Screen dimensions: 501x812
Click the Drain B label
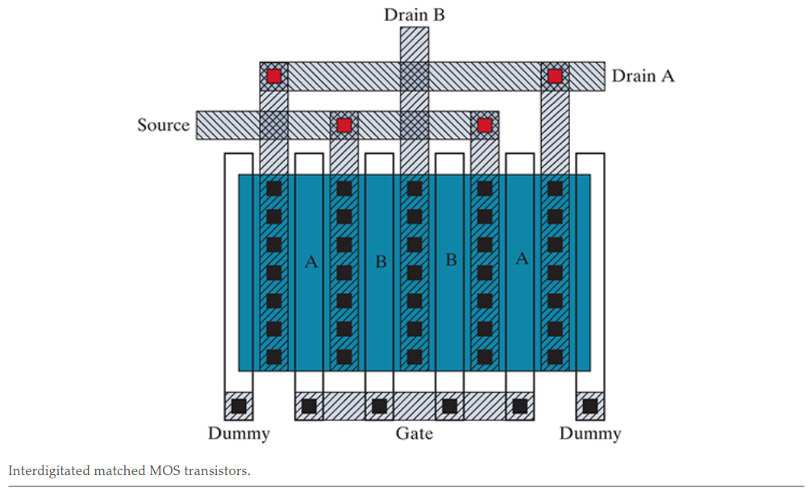pyautogui.click(x=414, y=15)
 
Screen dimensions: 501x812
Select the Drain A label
pyautogui.click(x=643, y=76)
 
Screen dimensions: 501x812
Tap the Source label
pyautogui.click(x=163, y=125)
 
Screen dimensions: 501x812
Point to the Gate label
pyautogui.click(x=414, y=433)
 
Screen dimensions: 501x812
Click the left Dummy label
pyautogui.click(x=239, y=433)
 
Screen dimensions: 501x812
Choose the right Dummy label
pyautogui.click(x=590, y=433)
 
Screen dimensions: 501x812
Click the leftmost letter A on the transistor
pyautogui.click(x=310, y=261)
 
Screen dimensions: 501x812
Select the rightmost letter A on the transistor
pyautogui.click(x=522, y=259)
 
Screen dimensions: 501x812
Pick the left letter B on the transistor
pyautogui.click(x=381, y=261)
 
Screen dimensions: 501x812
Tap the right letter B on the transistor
pyautogui.click(x=451, y=260)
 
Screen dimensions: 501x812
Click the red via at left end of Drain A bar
pyautogui.click(x=274, y=76)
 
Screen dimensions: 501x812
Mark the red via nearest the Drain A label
pyautogui.click(x=555, y=76)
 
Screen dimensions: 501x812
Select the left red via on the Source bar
pyautogui.click(x=344, y=125)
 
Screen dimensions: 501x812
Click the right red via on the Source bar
pyautogui.click(x=485, y=125)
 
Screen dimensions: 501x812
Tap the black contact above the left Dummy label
pyautogui.click(x=239, y=406)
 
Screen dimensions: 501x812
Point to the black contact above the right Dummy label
pyautogui.click(x=590, y=406)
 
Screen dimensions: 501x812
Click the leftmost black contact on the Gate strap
pyautogui.click(x=309, y=406)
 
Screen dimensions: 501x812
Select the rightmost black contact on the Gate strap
pyautogui.click(x=520, y=406)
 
